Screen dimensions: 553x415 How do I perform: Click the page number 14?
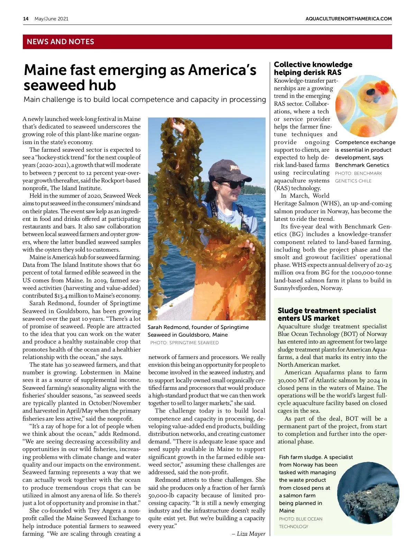tap(26, 19)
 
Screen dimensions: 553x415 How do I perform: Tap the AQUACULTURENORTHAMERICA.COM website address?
tap(349, 19)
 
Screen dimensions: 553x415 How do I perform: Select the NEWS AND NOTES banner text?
tap(61, 42)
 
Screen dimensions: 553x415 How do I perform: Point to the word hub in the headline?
tap(101, 85)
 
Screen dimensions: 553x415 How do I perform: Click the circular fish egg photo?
tap(366, 106)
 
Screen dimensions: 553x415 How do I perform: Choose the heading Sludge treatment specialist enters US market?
tap(326, 314)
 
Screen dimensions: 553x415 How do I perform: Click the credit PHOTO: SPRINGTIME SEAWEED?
tap(184, 343)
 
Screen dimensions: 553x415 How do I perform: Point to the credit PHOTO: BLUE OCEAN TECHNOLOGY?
tap(301, 523)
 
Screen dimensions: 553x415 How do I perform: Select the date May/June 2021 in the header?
tap(52, 19)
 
